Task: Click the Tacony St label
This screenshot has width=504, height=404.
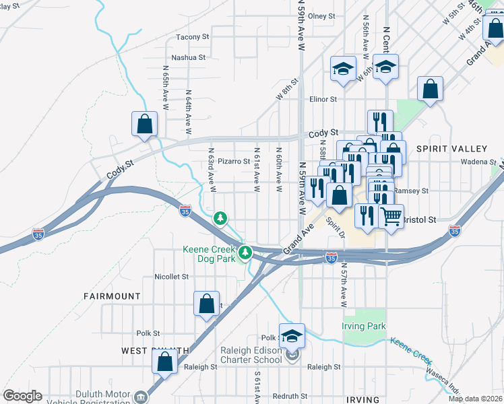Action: tap(193, 37)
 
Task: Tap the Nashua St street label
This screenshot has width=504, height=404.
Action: tap(188, 57)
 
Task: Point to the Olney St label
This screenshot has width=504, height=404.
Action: tap(322, 16)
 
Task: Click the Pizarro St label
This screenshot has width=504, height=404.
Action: tap(234, 162)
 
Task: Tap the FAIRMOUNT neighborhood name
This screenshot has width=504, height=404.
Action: tap(112, 296)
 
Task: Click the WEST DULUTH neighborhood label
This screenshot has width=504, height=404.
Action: tap(155, 351)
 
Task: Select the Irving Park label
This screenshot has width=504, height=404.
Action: tap(364, 327)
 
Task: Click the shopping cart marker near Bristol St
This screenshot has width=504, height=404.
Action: tap(391, 217)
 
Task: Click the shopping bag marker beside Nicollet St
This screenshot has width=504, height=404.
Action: tap(206, 304)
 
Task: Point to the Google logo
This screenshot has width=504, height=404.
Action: tap(22, 396)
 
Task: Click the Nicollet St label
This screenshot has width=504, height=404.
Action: tap(171, 276)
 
